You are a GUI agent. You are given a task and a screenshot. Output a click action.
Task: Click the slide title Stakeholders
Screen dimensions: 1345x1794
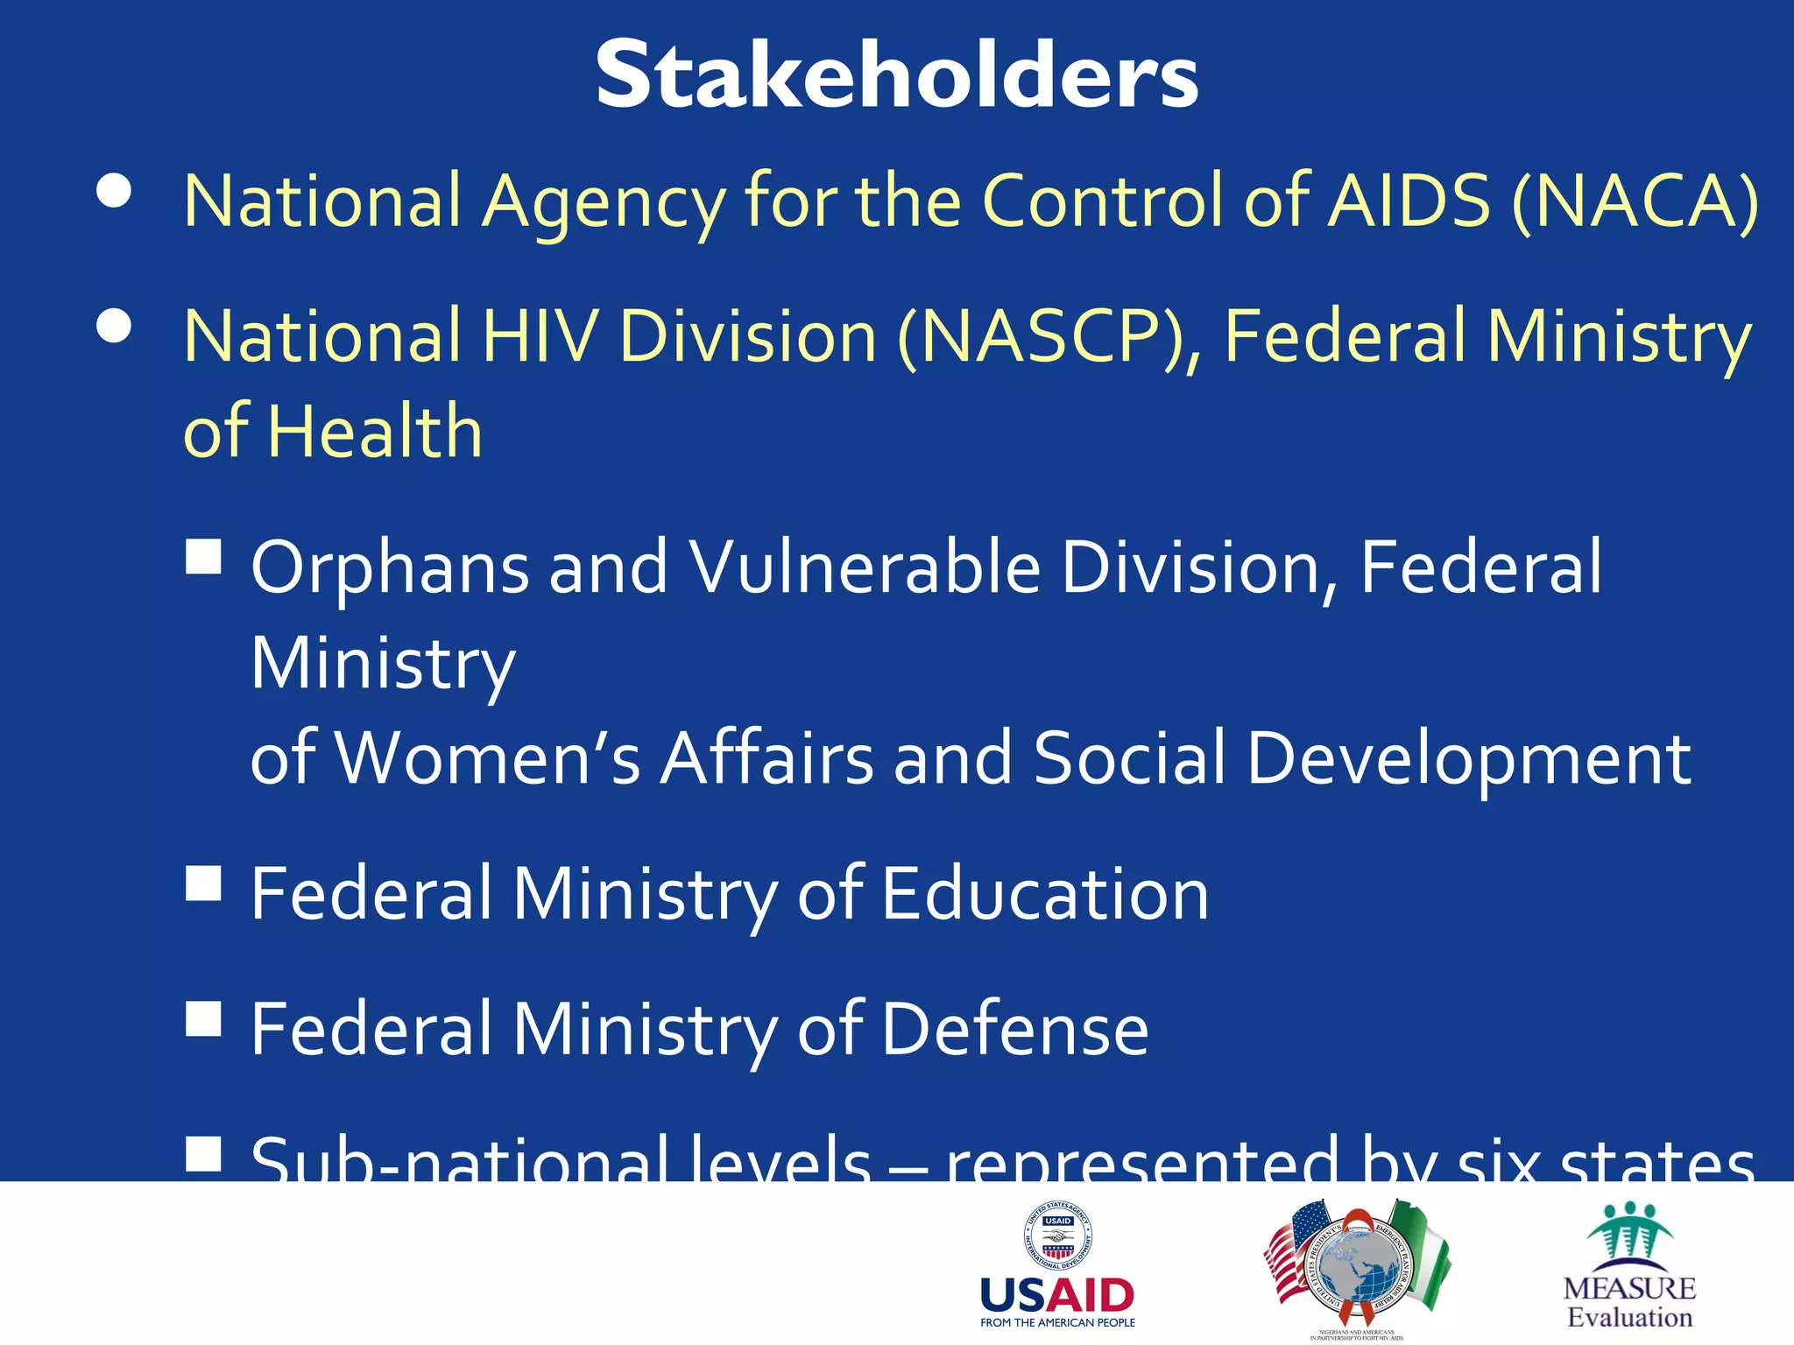(x=897, y=77)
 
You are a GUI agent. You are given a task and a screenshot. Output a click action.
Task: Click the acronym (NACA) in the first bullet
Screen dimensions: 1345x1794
(x=1635, y=201)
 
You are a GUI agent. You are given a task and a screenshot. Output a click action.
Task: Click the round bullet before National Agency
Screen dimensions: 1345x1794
(x=115, y=192)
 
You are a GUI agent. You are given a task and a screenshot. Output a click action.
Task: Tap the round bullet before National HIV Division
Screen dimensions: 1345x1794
(x=115, y=327)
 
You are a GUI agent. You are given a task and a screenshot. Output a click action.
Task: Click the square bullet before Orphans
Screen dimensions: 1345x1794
(x=203, y=556)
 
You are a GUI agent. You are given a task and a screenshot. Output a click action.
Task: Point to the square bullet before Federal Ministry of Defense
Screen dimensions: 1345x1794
(x=203, y=1018)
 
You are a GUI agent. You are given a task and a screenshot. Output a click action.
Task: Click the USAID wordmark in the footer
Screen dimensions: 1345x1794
(x=1057, y=1294)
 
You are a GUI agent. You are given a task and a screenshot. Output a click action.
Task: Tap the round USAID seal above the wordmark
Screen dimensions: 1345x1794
(x=1058, y=1236)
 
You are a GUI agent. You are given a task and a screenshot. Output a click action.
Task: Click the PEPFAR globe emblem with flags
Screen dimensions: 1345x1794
(x=1357, y=1266)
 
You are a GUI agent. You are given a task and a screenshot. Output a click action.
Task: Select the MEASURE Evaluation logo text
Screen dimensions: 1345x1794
(x=1629, y=1302)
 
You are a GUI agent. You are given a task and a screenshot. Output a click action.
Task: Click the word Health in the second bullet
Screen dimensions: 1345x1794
(x=375, y=432)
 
